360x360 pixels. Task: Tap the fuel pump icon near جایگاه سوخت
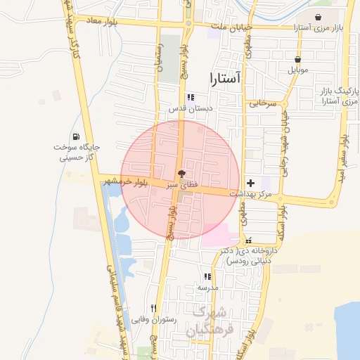pyautogui.click(x=75, y=136)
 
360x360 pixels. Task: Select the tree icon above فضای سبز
pyautogui.click(x=181, y=173)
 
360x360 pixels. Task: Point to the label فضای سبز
pyautogui.click(x=181, y=185)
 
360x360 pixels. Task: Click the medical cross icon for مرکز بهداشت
pyautogui.click(x=250, y=183)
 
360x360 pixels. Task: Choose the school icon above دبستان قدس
pyautogui.click(x=190, y=98)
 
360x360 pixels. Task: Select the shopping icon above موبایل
pyautogui.click(x=298, y=59)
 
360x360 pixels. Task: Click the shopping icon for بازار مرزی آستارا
pyautogui.click(x=319, y=17)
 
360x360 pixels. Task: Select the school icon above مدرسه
pyautogui.click(x=207, y=276)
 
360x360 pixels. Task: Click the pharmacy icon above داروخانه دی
pyautogui.click(x=248, y=240)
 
